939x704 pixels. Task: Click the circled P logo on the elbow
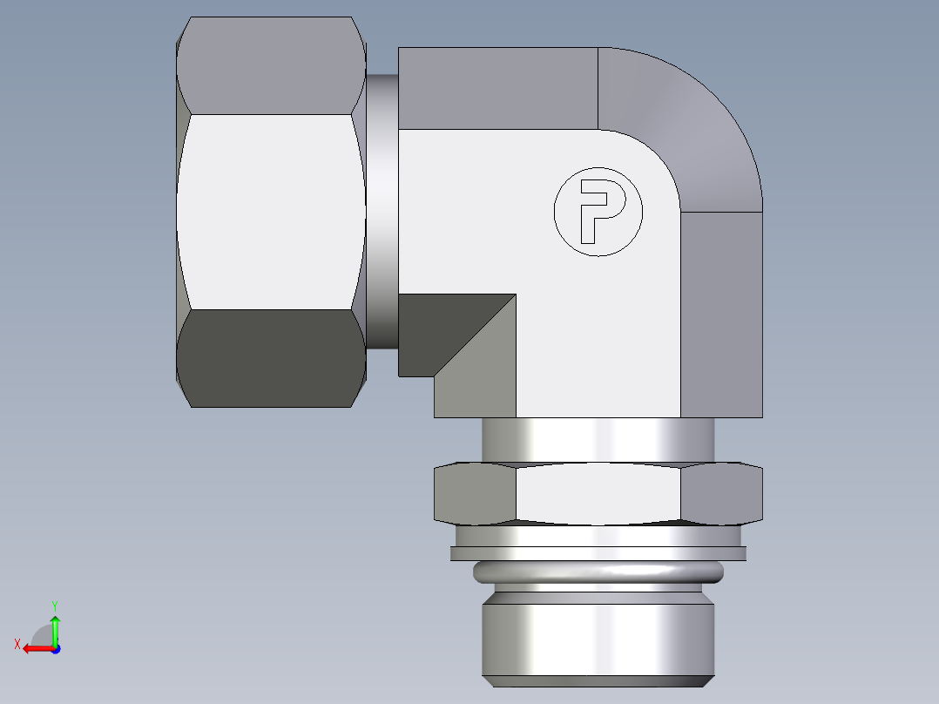coord(598,212)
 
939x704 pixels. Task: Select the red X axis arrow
coord(35,648)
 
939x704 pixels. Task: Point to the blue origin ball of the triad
coord(55,648)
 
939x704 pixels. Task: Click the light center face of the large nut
coord(270,212)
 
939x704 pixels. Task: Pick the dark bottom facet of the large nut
coord(270,357)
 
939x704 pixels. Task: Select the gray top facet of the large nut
coord(270,66)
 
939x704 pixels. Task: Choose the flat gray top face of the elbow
coord(497,87)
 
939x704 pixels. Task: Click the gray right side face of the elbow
coord(721,314)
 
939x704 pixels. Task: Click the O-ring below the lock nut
coord(598,572)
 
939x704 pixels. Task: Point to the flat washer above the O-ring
coord(598,552)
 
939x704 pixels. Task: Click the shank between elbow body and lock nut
coord(598,440)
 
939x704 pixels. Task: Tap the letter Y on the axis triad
coord(54,604)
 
